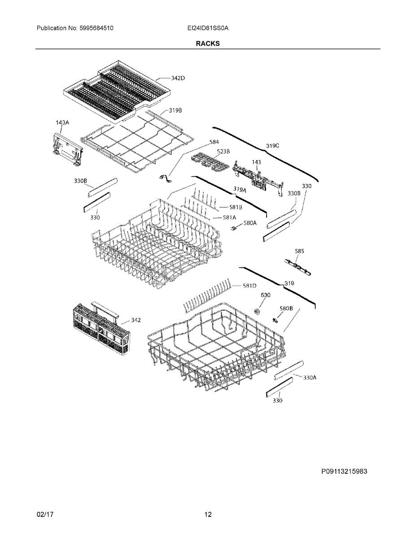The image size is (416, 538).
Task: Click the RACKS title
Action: pyautogui.click(x=207, y=43)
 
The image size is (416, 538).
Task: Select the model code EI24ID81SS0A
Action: pyautogui.click(x=208, y=28)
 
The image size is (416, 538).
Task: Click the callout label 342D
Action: pyautogui.click(x=178, y=78)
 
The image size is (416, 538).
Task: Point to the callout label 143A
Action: pyautogui.click(x=62, y=122)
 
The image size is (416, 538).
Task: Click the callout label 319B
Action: pyautogui.click(x=175, y=110)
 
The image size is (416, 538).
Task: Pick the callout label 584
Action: pyautogui.click(x=215, y=143)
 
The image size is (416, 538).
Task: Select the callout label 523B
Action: pyautogui.click(x=223, y=151)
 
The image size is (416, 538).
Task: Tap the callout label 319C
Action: pyautogui.click(x=272, y=145)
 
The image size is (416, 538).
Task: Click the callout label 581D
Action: pyautogui.click(x=250, y=286)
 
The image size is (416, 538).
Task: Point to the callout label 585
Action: pyautogui.click(x=299, y=252)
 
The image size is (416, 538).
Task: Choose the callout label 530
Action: pyautogui.click(x=266, y=295)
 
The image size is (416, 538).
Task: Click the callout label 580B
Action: pyautogui.click(x=286, y=308)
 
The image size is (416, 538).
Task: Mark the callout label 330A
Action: pyautogui.click(x=310, y=377)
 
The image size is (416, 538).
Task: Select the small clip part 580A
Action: pyautogui.click(x=233, y=229)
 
